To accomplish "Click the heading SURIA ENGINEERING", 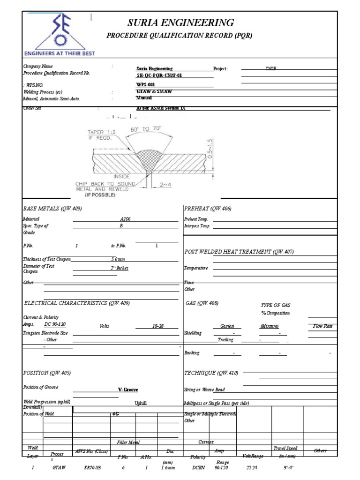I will click(180, 22).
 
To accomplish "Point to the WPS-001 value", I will click(145, 84).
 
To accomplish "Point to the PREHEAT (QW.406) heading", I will click(209, 209).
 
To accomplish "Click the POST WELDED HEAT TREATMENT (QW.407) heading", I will click(240, 252).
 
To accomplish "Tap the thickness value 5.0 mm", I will click(118, 259).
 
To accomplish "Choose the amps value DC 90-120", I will click(55, 324).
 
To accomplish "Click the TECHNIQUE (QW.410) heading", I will click(212, 373).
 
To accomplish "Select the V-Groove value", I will click(128, 390).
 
